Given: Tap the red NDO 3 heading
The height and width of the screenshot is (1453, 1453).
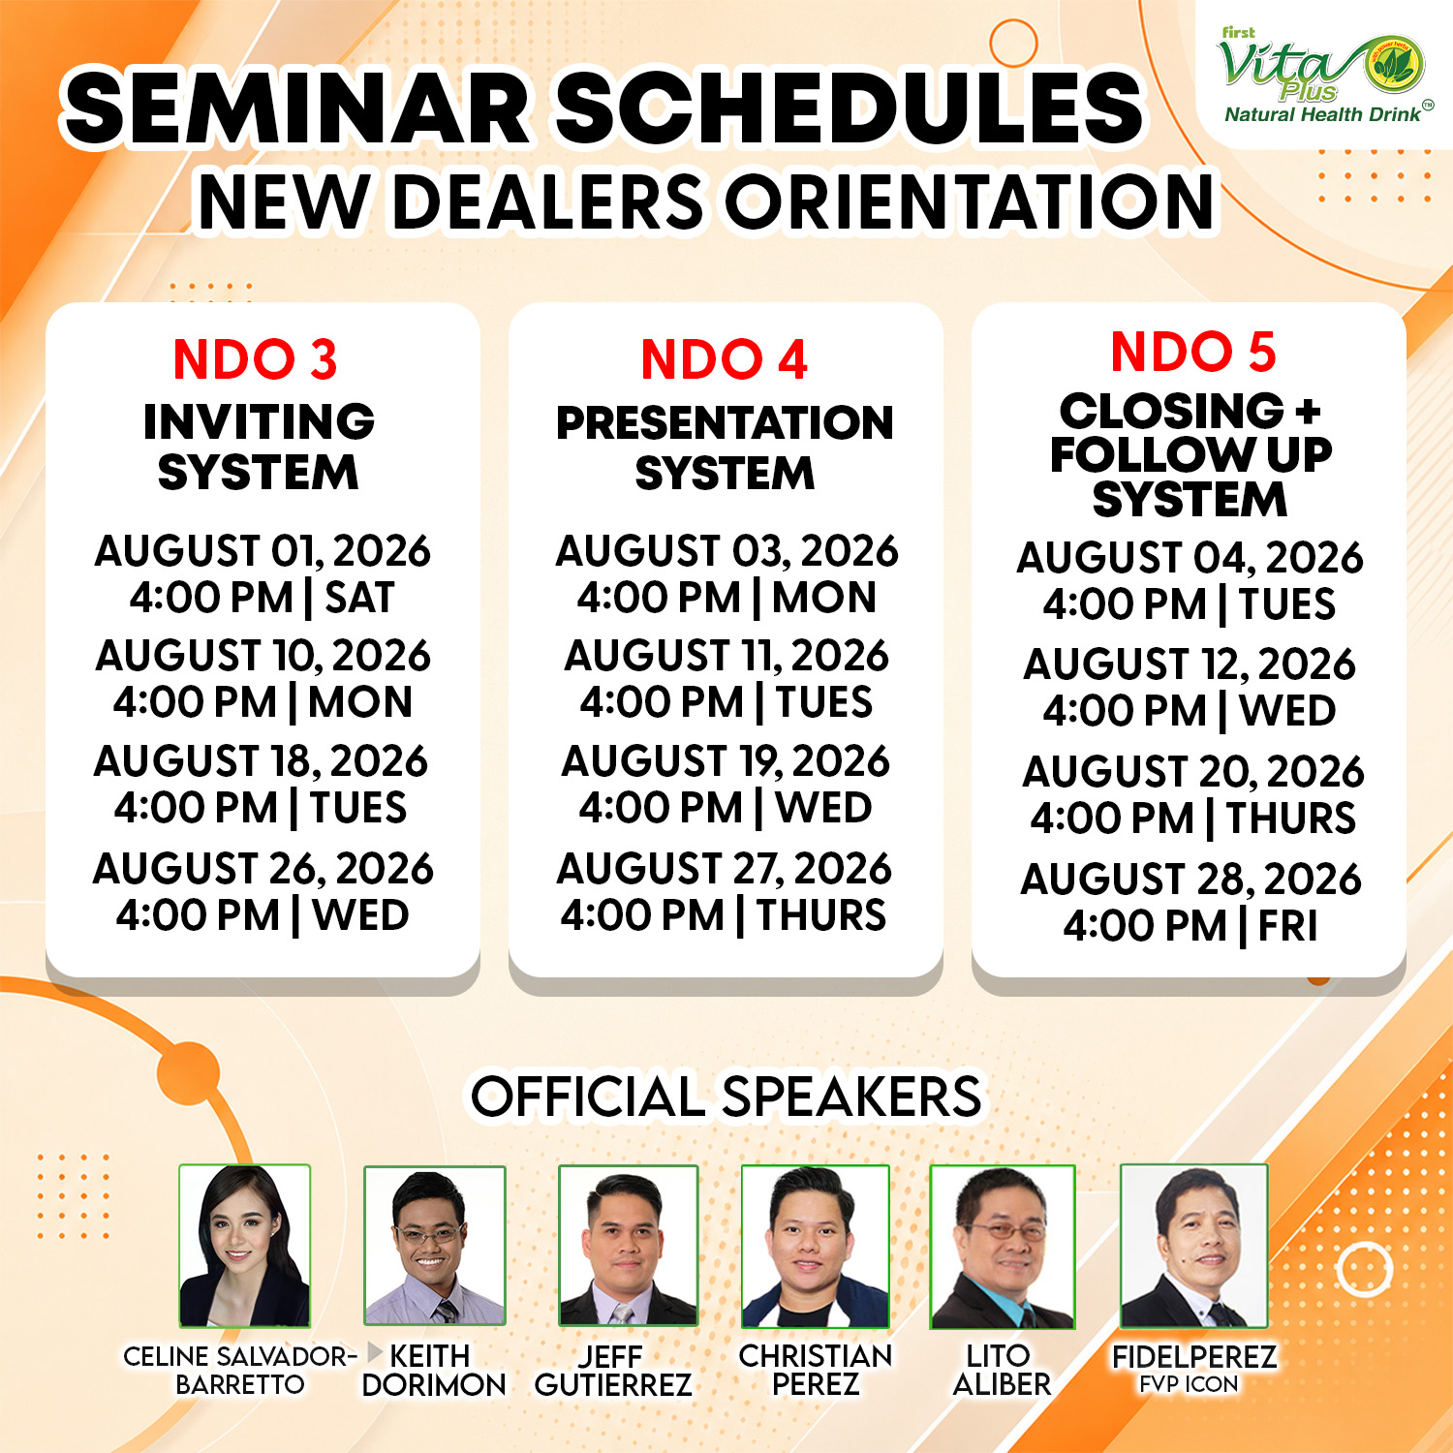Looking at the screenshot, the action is click(x=256, y=359).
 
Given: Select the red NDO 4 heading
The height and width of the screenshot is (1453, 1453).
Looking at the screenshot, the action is click(x=724, y=359).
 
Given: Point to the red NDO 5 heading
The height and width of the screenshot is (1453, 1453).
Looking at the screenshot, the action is click(x=1192, y=351).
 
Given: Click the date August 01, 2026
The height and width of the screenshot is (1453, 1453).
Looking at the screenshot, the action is click(x=263, y=551).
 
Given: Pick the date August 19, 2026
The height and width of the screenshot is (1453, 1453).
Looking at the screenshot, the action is click(x=726, y=761).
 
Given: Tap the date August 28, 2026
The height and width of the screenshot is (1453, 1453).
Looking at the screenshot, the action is click(x=1190, y=880).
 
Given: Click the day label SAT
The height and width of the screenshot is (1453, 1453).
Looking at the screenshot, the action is click(x=359, y=598).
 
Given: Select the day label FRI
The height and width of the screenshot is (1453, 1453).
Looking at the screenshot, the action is click(x=1287, y=926).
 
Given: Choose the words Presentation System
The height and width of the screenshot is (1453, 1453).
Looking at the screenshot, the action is click(x=725, y=448).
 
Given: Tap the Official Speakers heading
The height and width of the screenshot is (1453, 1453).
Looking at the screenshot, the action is click(x=726, y=1097).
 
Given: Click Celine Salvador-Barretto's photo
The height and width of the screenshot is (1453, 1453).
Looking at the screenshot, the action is click(x=245, y=1246).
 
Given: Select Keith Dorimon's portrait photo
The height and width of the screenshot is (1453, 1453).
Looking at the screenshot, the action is click(x=435, y=1245).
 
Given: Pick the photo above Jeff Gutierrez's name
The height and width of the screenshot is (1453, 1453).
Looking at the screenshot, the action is click(x=628, y=1246).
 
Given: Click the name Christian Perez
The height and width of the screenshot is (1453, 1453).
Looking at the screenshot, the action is click(x=816, y=1370).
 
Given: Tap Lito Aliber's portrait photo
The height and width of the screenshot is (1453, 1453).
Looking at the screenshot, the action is click(x=1003, y=1247).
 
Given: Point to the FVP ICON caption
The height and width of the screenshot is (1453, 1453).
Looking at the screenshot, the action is click(x=1189, y=1384).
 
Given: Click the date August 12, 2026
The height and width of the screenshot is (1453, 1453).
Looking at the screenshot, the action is click(x=1190, y=665).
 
